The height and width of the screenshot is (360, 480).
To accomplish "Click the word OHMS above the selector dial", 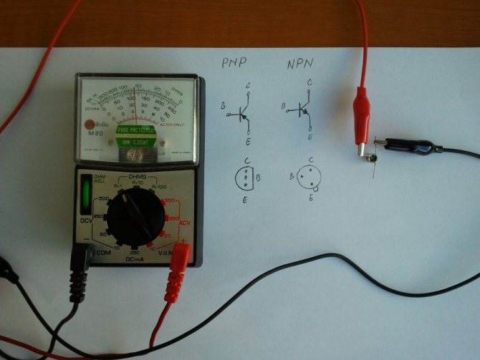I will tap(138, 176).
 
